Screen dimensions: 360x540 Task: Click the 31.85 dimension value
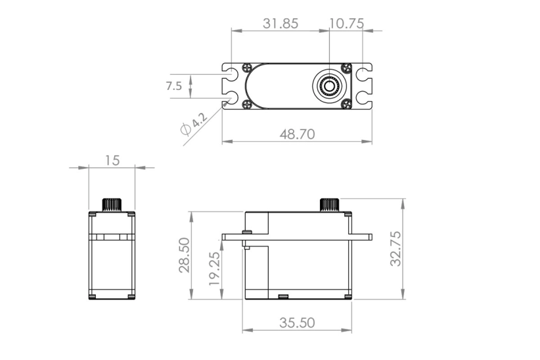281,23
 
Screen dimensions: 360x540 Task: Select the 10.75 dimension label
346,23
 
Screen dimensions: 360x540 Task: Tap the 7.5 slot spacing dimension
174,86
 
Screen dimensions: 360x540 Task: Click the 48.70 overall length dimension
298,134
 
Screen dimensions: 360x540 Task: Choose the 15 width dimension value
112,160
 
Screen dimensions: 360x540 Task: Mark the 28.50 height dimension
184,255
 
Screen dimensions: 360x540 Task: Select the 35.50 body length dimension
298,323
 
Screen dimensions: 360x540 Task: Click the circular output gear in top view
328,85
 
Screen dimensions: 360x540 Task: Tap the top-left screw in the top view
246,68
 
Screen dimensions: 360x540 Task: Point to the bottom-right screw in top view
347,102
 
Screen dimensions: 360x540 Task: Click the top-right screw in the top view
347,68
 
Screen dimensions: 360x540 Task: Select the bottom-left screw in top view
246,102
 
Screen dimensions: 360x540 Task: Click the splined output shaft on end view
112,204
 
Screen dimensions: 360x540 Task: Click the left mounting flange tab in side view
233,235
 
